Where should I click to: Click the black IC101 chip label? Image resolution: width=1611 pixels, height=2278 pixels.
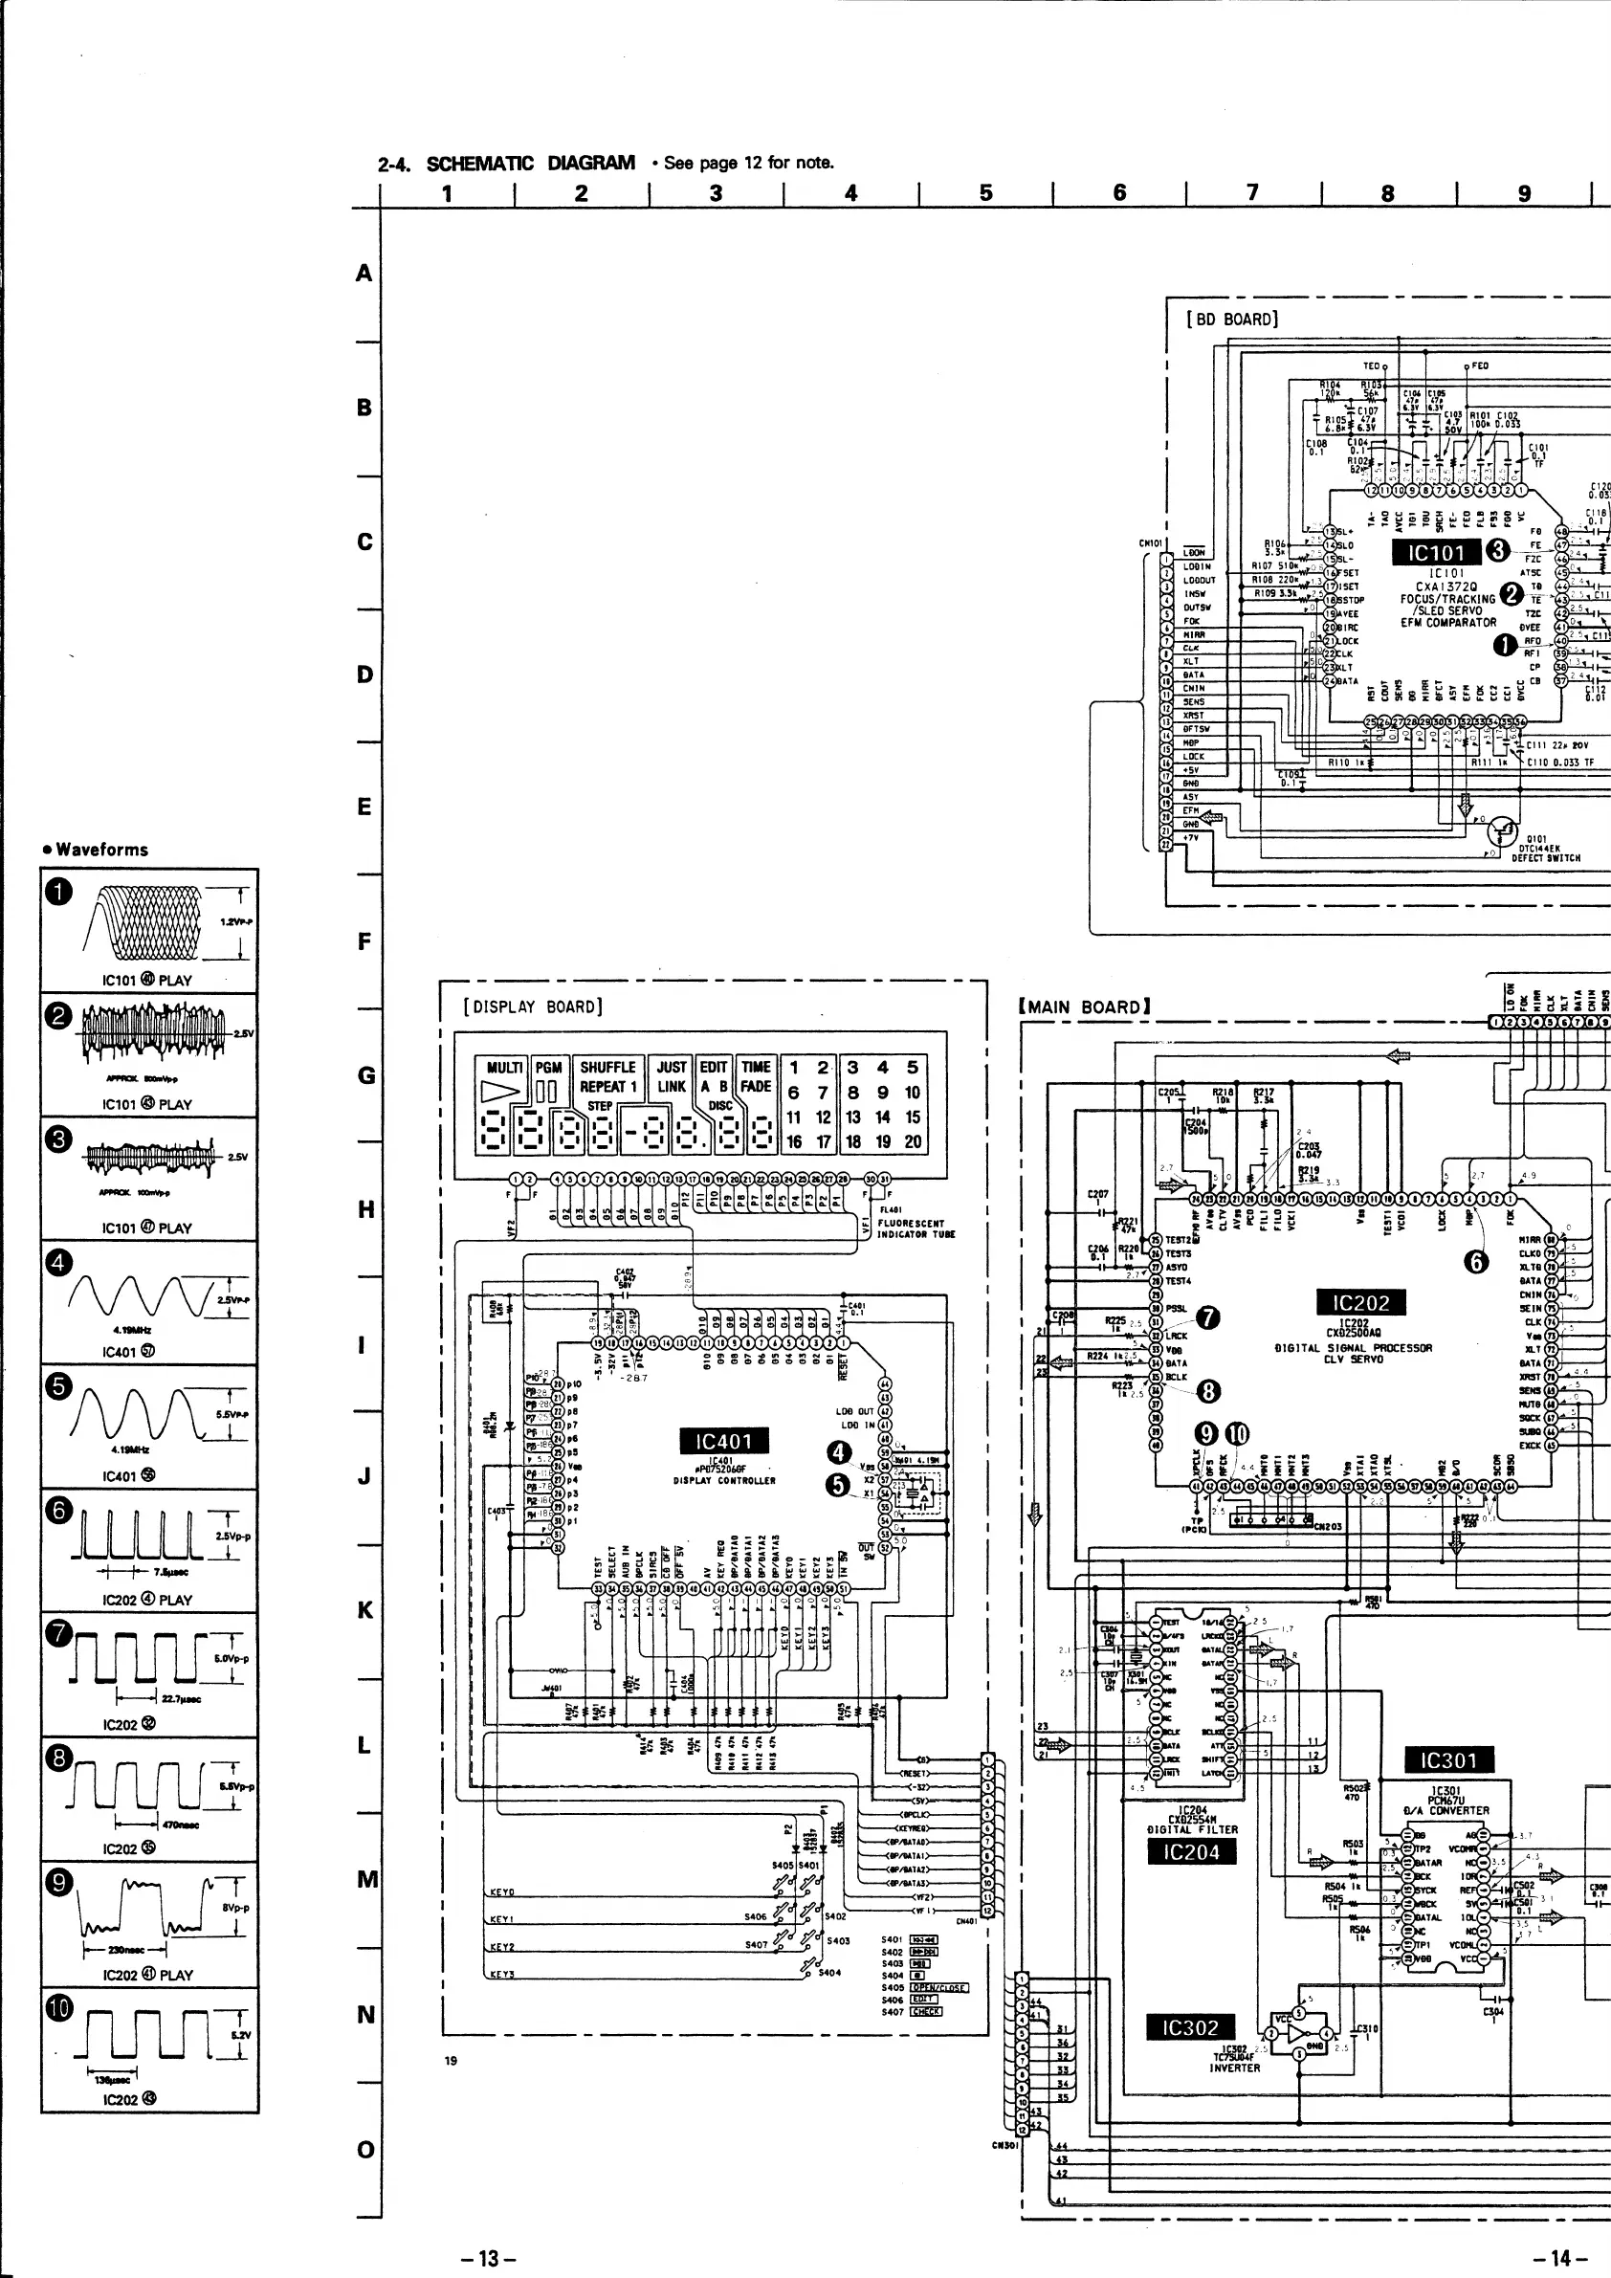point(1434,552)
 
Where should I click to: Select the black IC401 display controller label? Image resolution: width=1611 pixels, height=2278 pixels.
point(724,1441)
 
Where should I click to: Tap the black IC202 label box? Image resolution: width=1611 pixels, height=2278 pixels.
point(1361,1303)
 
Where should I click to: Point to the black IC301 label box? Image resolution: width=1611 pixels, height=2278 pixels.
point(1449,1760)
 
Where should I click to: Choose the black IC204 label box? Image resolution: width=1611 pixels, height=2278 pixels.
point(1191,1851)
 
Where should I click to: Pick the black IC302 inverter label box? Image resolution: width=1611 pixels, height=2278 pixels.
point(1189,2027)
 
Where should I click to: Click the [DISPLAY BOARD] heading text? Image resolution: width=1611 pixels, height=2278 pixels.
point(533,1006)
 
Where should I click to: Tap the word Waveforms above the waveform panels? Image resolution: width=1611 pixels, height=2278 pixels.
point(101,850)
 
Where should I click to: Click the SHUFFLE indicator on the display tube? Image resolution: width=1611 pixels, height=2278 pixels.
point(607,1067)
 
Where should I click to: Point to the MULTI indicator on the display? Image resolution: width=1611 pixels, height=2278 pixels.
point(504,1067)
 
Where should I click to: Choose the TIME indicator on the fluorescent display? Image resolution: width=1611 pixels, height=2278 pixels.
point(756,1067)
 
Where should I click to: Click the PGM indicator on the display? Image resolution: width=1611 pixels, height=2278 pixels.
point(547,1067)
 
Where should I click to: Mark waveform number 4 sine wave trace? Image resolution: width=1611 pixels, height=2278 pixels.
point(139,1293)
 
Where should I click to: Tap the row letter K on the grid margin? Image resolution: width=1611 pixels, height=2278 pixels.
point(365,1609)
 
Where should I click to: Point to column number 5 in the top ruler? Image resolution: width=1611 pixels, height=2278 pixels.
point(985,193)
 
